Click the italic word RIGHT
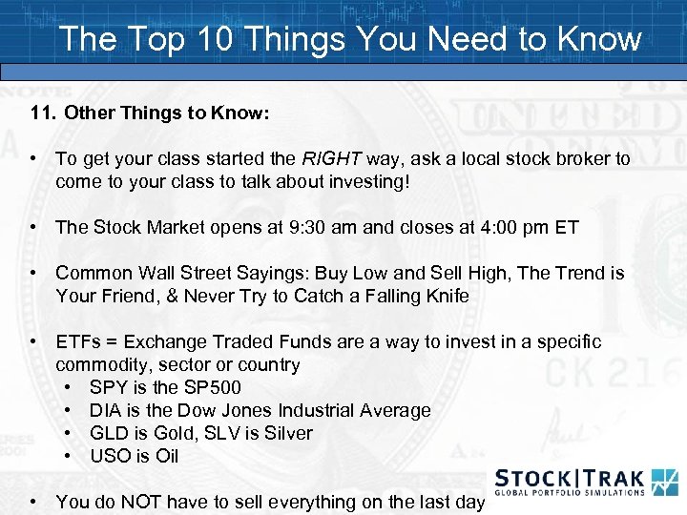click(x=329, y=159)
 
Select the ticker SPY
click(x=107, y=388)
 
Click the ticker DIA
click(x=106, y=411)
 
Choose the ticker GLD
click(x=109, y=434)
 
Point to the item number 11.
click(x=43, y=113)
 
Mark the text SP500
click(x=215, y=388)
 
